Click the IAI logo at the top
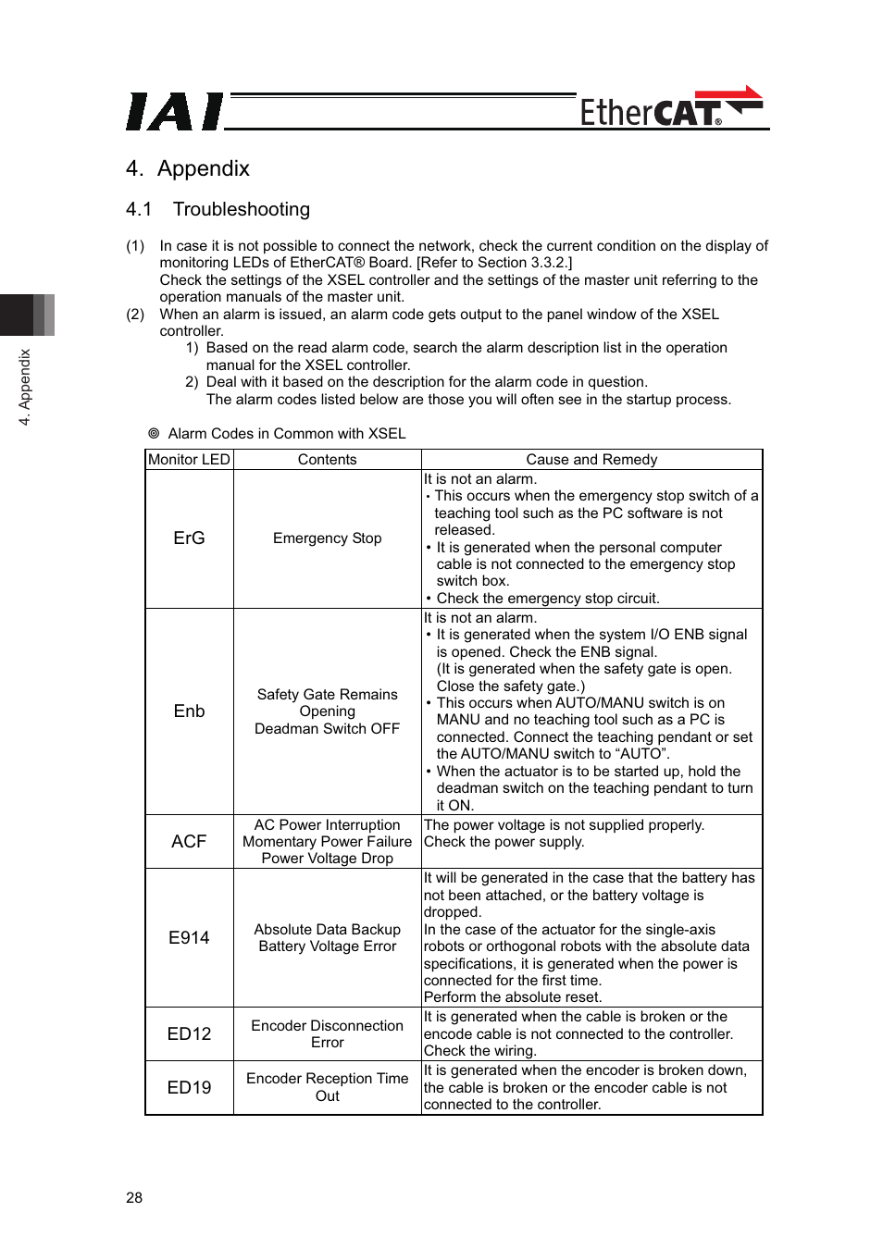pos(174,112)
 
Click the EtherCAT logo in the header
pos(670,109)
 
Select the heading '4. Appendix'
pos(188,168)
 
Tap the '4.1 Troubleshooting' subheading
pos(218,209)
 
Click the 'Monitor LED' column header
pos(189,460)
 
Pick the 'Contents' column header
pos(327,460)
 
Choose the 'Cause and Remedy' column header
pos(591,460)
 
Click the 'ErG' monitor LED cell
pos(189,538)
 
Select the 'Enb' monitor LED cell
pos(189,711)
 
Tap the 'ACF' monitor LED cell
pos(189,841)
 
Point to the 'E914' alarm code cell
pos(189,937)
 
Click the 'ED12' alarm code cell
pos(189,1033)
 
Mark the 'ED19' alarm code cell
pos(189,1087)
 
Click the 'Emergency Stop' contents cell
pos(327,538)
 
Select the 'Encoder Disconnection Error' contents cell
pos(327,1033)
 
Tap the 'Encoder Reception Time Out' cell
pos(327,1087)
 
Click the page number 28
pos(134,1197)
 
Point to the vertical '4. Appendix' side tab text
pos(25,387)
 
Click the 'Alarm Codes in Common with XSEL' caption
pos(286,434)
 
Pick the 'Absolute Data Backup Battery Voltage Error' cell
pos(327,937)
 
